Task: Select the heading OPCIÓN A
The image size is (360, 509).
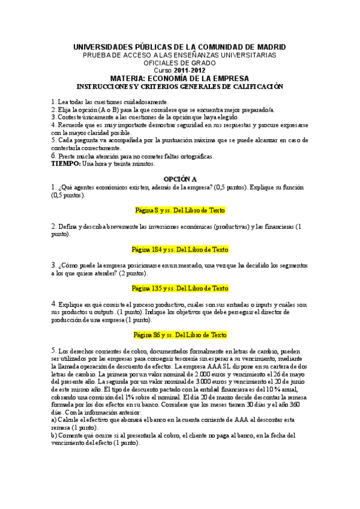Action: coord(180,179)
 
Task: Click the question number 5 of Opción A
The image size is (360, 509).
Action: coord(53,350)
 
